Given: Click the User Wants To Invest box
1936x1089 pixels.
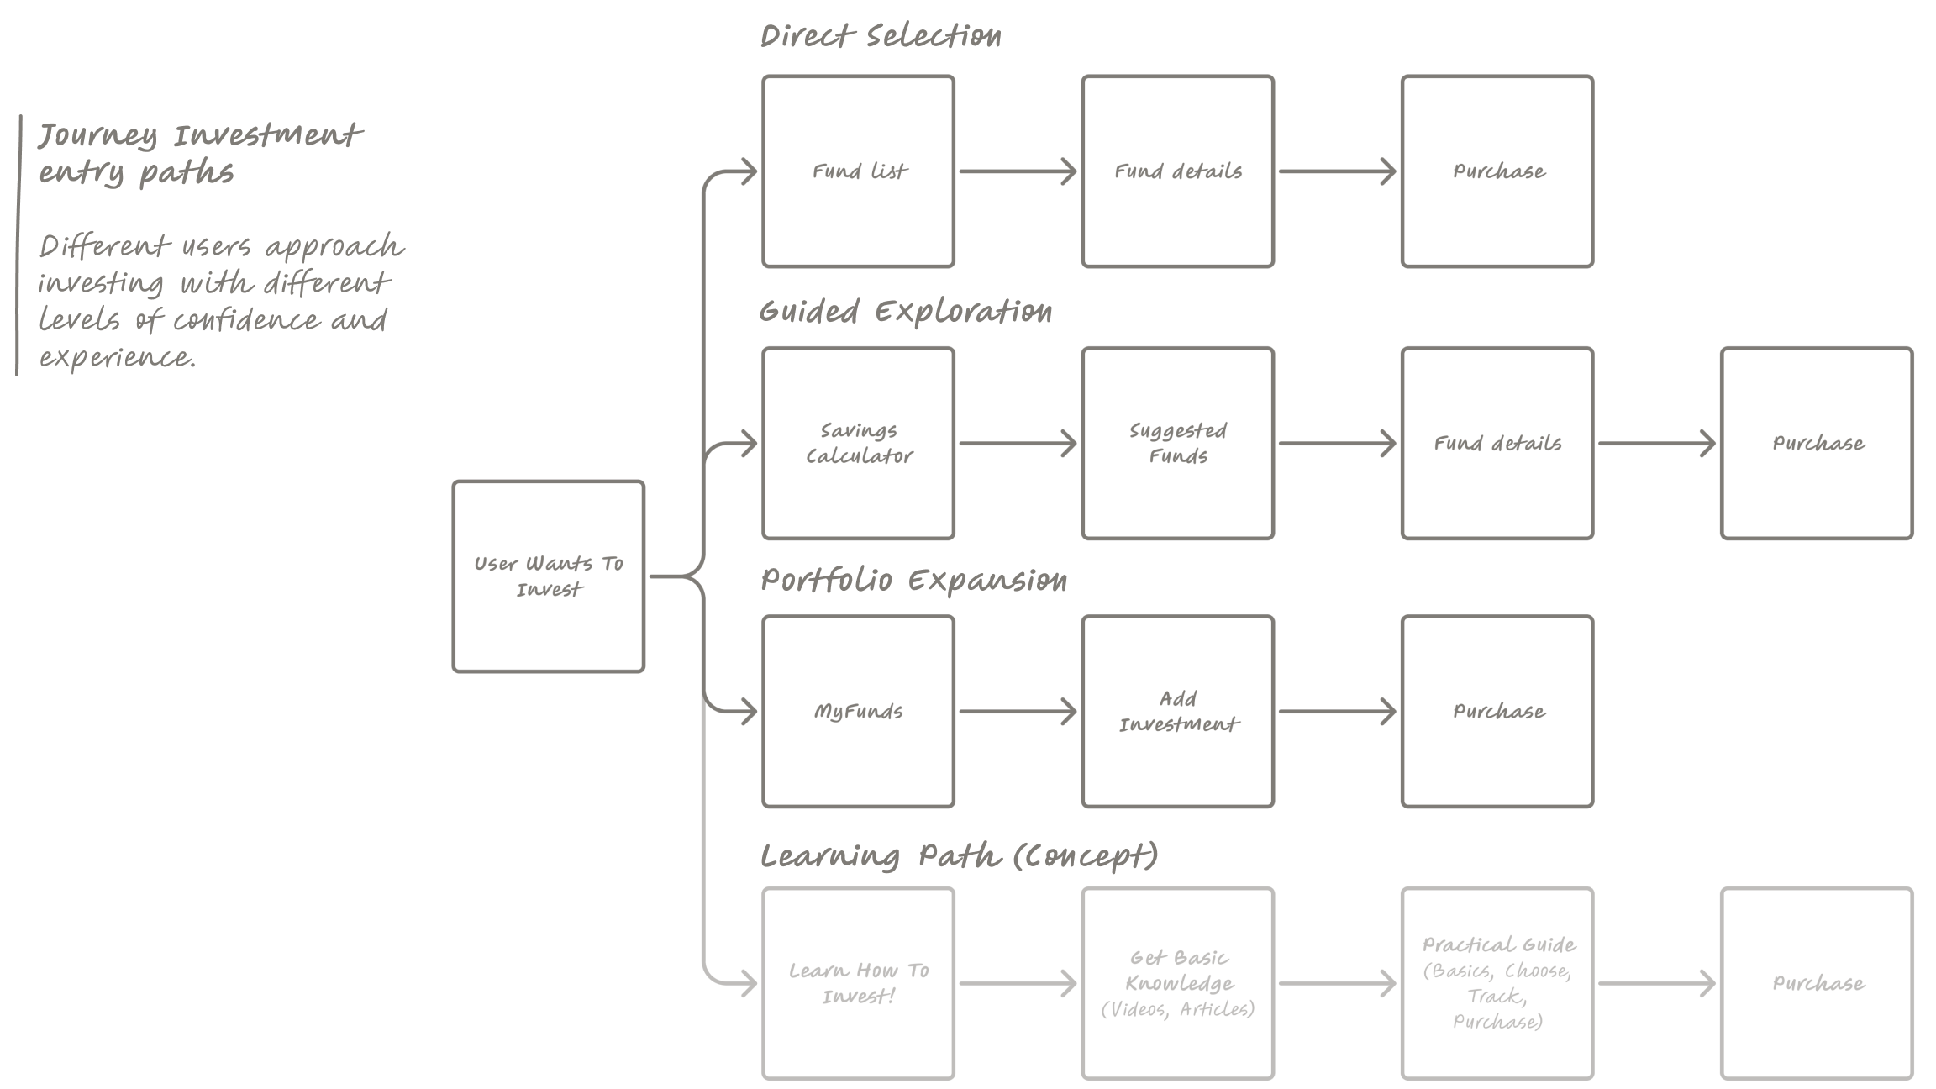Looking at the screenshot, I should coord(549,576).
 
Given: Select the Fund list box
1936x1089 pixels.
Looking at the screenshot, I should coord(859,171).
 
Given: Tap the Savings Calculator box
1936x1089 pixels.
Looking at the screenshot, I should coord(859,443).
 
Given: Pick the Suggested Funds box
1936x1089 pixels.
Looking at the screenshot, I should coord(1178,443).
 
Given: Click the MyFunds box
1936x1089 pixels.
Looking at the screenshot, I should coord(859,712).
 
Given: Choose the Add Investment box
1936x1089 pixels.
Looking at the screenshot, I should coord(1178,712).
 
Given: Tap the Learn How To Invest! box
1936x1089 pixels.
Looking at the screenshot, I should coord(859,983).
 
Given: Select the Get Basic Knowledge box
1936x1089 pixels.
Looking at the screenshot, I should coord(1178,983).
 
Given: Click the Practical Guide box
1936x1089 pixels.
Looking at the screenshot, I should coord(1497,983).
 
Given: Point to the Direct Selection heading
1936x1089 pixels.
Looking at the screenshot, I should coord(881,36).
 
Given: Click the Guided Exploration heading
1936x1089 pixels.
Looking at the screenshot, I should coord(905,312).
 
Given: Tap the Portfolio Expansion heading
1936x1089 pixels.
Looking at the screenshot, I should coord(913,581).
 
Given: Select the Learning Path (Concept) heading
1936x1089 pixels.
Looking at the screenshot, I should coord(959,856).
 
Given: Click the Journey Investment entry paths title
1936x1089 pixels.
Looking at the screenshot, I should coord(200,154).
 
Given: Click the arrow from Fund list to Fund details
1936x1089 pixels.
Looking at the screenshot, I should coord(1018,171).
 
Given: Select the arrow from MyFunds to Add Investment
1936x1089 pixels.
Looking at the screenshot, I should coord(1018,712).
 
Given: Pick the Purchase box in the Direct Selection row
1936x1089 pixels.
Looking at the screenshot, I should coord(1497,171).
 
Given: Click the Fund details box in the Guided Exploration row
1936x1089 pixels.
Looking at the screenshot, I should coord(1497,443).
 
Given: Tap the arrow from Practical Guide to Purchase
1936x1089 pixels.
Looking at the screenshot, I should coord(1656,983).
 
